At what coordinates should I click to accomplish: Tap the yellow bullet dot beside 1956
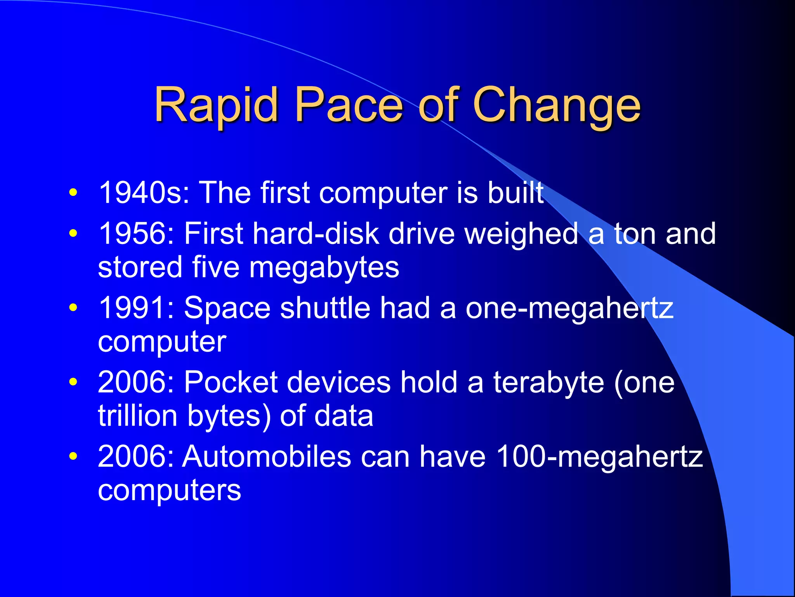[x=73, y=234]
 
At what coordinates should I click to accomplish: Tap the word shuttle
[x=325, y=308]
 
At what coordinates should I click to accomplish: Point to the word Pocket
[x=231, y=382]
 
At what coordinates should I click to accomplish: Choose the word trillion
[x=137, y=416]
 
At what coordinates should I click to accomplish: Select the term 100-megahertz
[x=600, y=457]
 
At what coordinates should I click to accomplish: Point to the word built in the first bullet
[x=516, y=193]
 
